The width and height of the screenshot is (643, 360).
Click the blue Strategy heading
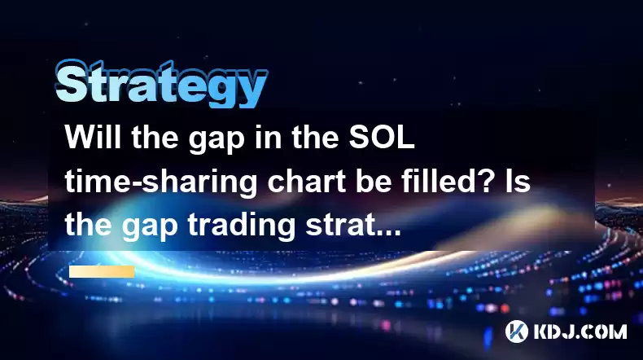[162, 85]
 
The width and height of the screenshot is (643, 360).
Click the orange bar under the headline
[102, 271]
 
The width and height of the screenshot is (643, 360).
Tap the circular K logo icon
[516, 331]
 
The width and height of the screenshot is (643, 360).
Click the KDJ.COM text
[580, 331]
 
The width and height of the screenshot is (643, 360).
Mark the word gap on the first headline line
[217, 141]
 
